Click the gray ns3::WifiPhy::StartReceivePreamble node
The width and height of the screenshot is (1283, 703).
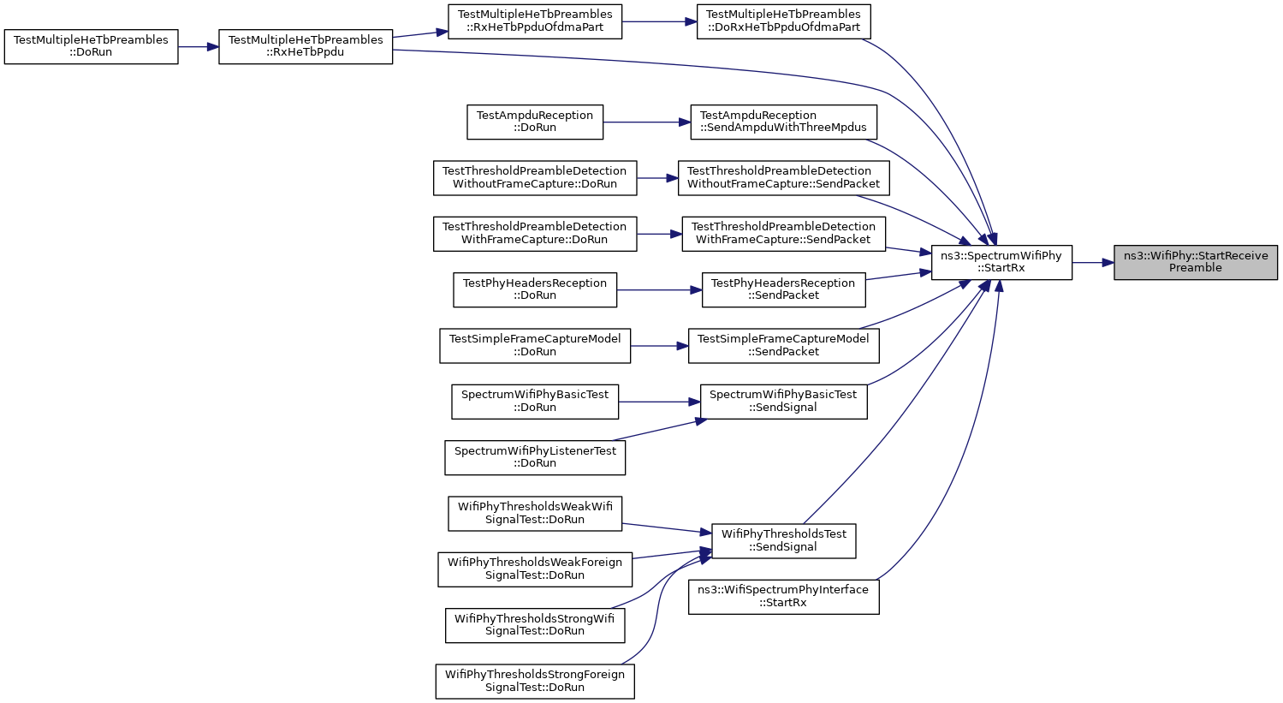pyautogui.click(x=1195, y=262)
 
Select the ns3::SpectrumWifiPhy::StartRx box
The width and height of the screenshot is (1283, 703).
pyautogui.click(x=1001, y=262)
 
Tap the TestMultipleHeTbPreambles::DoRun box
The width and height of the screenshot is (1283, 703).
pyautogui.click(x=91, y=46)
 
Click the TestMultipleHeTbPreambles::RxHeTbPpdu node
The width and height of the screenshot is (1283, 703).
pyautogui.click(x=306, y=46)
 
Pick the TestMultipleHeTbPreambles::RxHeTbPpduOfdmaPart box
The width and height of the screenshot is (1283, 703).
pyautogui.click(x=536, y=21)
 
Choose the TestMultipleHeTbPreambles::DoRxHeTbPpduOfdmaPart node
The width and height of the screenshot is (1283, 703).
pyautogui.click(x=783, y=21)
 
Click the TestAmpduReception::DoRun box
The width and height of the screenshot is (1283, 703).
pyautogui.click(x=535, y=122)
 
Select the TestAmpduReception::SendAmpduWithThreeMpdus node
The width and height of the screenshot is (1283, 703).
pyautogui.click(x=783, y=122)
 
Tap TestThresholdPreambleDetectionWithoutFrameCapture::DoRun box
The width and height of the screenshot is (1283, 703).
pyautogui.click(x=535, y=177)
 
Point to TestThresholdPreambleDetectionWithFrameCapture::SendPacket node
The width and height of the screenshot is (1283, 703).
pyautogui.click(x=783, y=233)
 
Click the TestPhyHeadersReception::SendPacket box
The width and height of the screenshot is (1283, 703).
pyautogui.click(x=783, y=289)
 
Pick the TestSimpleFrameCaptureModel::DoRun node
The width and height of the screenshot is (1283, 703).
pyautogui.click(x=535, y=345)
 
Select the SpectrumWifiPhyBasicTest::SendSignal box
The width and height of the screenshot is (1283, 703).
pyautogui.click(x=783, y=401)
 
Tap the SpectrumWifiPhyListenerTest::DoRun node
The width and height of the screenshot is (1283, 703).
pyautogui.click(x=535, y=456)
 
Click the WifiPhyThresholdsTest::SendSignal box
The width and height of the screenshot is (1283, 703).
pyautogui.click(x=783, y=540)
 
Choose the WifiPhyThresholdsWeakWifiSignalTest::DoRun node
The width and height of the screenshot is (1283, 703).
pyautogui.click(x=535, y=513)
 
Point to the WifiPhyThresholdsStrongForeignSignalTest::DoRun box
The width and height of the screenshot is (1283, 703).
pyautogui.click(x=535, y=681)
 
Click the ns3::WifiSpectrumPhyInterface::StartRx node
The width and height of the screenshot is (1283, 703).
pyautogui.click(x=783, y=596)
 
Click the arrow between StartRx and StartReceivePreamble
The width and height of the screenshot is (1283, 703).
pyautogui.click(x=1092, y=262)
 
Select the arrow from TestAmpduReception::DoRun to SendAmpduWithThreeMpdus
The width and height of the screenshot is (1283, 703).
pyautogui.click(x=647, y=122)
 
